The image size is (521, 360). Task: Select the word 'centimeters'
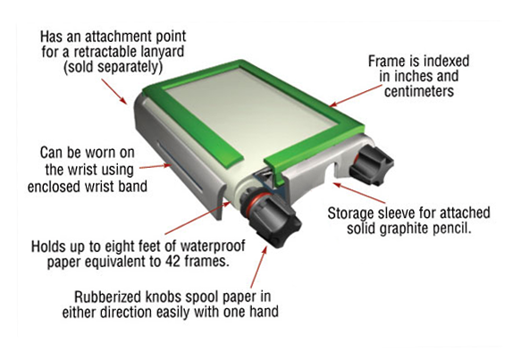419,91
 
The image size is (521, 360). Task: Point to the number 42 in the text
173,262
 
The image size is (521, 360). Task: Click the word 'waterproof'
213,246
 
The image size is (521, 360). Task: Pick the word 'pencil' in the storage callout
454,228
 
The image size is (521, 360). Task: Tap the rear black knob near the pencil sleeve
372,164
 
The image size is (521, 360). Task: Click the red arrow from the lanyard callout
114,91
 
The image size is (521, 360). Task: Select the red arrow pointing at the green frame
356,96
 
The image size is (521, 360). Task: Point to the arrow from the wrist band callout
155,166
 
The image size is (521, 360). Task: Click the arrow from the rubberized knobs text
259,267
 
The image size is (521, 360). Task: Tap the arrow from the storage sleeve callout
359,193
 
